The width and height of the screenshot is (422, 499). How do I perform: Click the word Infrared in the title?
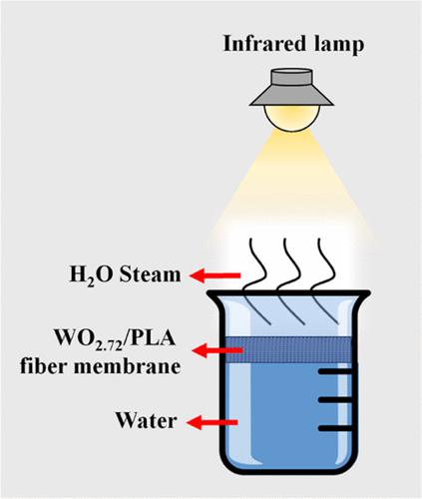(x=264, y=44)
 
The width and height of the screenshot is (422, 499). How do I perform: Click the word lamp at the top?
(x=339, y=45)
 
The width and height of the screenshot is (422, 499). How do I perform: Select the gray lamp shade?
(x=291, y=87)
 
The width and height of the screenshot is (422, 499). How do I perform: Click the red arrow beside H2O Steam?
(x=214, y=275)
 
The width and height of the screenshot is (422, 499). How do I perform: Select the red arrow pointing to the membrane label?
(x=217, y=350)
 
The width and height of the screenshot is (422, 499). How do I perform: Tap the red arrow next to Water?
(x=212, y=422)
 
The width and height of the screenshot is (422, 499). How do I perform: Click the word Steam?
(x=151, y=274)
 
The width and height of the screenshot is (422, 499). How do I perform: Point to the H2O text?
(x=92, y=275)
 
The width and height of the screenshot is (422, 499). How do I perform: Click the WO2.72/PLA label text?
(x=115, y=338)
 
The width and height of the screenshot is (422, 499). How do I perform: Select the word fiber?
(x=43, y=366)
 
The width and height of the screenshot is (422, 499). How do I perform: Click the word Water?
(x=146, y=420)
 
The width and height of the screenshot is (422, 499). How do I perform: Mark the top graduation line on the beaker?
(x=335, y=371)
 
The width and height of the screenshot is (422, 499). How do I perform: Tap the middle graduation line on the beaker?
(x=335, y=400)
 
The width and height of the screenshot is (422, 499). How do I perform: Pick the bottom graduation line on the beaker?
(x=335, y=428)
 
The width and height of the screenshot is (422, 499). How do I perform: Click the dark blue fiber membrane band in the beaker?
(x=288, y=350)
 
